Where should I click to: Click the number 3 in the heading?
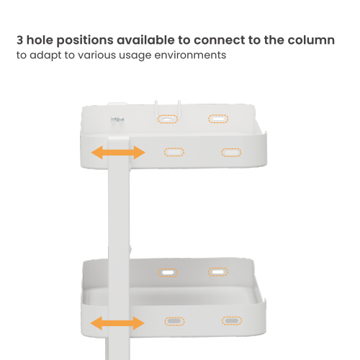point(19,40)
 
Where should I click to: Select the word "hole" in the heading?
point(40,40)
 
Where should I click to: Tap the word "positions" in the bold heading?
point(85,40)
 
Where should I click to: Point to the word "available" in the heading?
point(145,40)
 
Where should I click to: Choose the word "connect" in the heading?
point(218,40)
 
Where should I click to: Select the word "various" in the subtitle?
point(97,55)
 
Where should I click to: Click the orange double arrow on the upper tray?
point(118,153)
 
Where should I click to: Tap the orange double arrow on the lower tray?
point(117,323)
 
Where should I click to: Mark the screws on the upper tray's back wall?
point(117,120)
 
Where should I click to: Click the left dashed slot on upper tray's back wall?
point(168,119)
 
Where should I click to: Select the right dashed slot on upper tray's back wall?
point(218,119)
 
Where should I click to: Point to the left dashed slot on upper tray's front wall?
point(174,152)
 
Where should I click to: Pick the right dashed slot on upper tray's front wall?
point(231,153)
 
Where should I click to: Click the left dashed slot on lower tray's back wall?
point(168,273)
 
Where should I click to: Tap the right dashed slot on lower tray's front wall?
point(232,320)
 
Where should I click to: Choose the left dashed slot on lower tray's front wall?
point(174,321)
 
